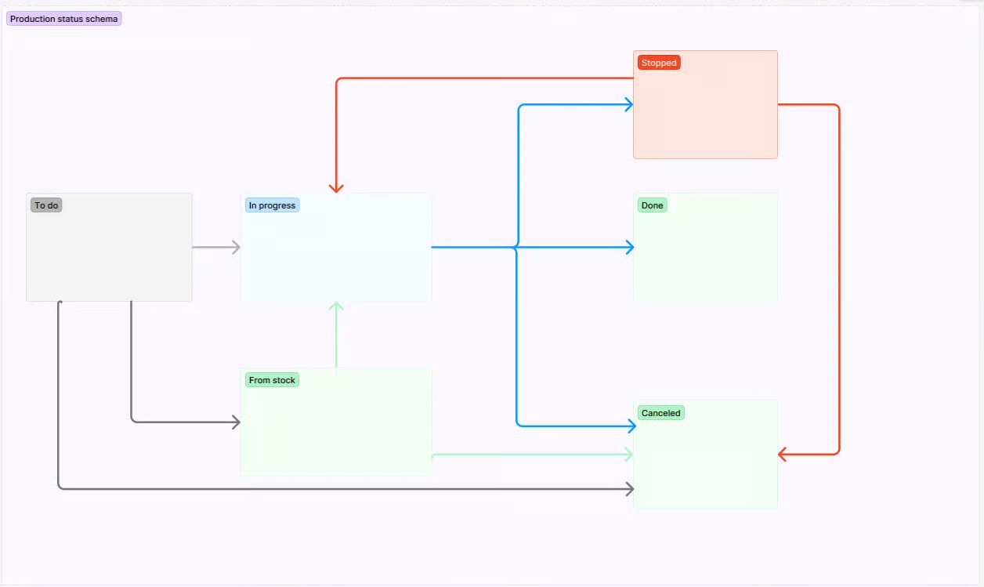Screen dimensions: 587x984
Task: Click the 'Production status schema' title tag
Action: tap(63, 19)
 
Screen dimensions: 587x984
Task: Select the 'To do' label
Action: tap(46, 205)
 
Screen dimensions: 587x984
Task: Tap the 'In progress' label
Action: tap(272, 205)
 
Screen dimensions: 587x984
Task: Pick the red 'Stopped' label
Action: tap(659, 63)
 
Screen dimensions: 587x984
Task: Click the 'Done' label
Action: tap(652, 205)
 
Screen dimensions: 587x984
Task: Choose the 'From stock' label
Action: tap(272, 380)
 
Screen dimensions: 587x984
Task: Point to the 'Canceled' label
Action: tap(661, 413)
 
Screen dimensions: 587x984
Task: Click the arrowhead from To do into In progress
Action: tap(236, 248)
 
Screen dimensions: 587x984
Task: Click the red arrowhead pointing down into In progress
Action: tap(336, 188)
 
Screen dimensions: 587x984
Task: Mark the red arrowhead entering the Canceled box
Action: tap(783, 454)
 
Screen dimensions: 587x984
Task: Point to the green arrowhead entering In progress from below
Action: tap(336, 306)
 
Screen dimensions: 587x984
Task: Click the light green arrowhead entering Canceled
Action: tap(628, 454)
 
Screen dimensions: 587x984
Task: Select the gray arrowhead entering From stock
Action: tap(236, 422)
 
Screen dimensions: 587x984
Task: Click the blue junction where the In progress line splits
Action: tap(516, 248)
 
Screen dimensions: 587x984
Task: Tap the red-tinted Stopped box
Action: tap(705, 114)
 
